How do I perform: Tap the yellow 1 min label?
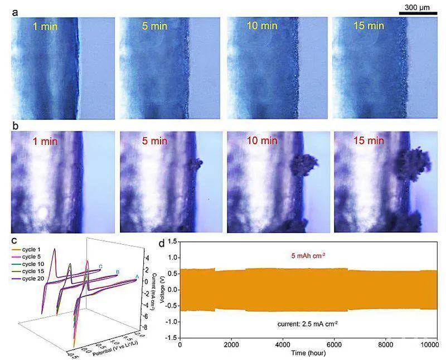(45, 26)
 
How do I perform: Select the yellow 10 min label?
(262, 26)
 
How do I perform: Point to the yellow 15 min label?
(369, 26)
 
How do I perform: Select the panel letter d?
(162, 242)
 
